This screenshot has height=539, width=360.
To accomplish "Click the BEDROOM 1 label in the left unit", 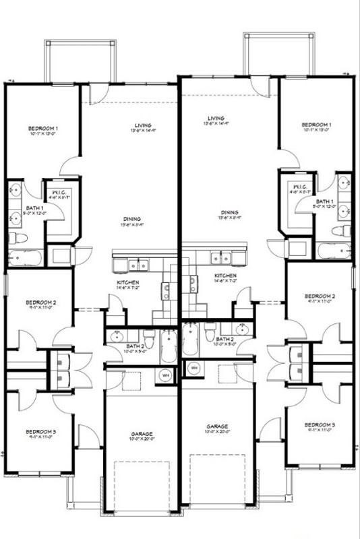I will pos(42,128).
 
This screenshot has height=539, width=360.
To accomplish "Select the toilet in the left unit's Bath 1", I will pos(18,238).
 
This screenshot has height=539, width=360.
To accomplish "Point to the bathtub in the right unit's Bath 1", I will pos(334,251).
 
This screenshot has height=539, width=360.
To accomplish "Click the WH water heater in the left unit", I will pos(164,375).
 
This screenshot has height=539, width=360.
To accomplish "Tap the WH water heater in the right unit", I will pos(193,368).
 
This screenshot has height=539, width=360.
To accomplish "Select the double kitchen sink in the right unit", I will pos(220,257).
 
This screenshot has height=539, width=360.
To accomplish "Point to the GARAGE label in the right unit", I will pos(217,426).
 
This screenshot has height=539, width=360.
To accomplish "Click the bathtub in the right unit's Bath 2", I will pos(191,342).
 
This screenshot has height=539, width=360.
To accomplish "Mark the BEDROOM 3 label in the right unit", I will pos(320,425).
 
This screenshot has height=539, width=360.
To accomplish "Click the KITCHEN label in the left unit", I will pos(128,282).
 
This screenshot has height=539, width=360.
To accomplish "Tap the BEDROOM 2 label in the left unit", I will pos(40,303).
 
